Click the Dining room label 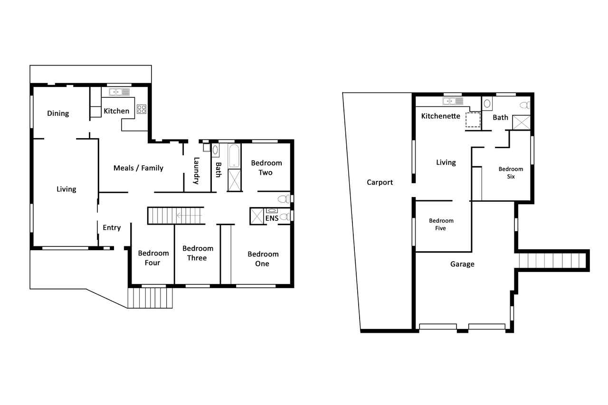(58, 113)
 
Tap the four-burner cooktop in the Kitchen (142, 109)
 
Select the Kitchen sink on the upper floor (119, 92)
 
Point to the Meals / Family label (138, 168)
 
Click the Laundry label (196, 171)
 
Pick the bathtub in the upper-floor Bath (234, 156)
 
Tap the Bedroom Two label (266, 168)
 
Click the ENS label (272, 218)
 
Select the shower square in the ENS (256, 216)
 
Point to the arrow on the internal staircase (189, 216)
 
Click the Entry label (112, 227)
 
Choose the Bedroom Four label (153, 258)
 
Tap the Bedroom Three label (198, 253)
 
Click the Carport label (380, 182)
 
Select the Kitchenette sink (453, 101)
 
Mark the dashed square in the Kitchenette (473, 120)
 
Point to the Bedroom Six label (511, 173)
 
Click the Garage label (462, 264)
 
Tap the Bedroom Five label (441, 225)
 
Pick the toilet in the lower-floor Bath (525, 105)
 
